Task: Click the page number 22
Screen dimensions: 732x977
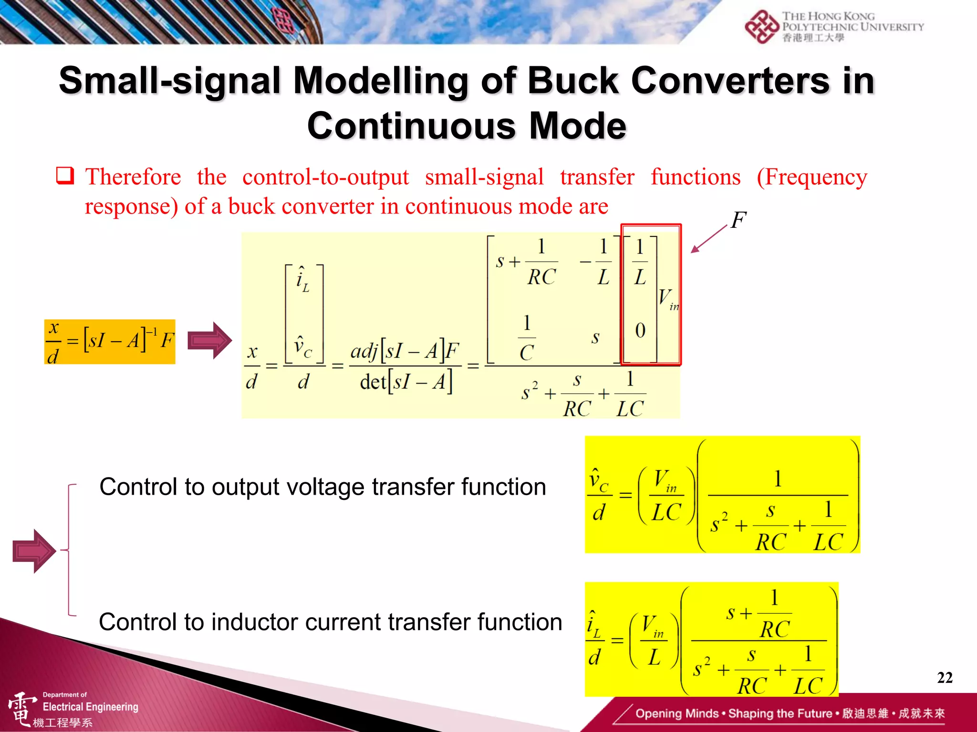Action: pyautogui.click(x=945, y=677)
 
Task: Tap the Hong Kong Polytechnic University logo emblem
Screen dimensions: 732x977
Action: pyautogui.click(x=762, y=27)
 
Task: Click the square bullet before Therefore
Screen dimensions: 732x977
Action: pyautogui.click(x=65, y=176)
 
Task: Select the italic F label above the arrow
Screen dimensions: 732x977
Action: pyautogui.click(x=738, y=221)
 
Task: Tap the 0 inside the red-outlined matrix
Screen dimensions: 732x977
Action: pyautogui.click(x=640, y=330)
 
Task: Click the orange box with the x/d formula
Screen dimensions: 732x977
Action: pyautogui.click(x=110, y=342)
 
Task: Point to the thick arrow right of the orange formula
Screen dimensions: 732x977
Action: pyautogui.click(x=209, y=340)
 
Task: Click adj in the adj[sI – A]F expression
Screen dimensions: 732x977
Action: pyautogui.click(x=364, y=351)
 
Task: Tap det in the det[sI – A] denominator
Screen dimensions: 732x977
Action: pyautogui.click(x=373, y=382)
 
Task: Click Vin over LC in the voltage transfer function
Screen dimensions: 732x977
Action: pyautogui.click(x=666, y=496)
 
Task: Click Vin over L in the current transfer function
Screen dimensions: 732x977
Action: pyautogui.click(x=654, y=640)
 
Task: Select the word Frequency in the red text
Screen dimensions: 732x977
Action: pyautogui.click(x=812, y=177)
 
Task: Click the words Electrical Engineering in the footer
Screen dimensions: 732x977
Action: pyautogui.click(x=91, y=707)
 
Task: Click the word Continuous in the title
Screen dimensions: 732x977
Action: pyautogui.click(x=411, y=126)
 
